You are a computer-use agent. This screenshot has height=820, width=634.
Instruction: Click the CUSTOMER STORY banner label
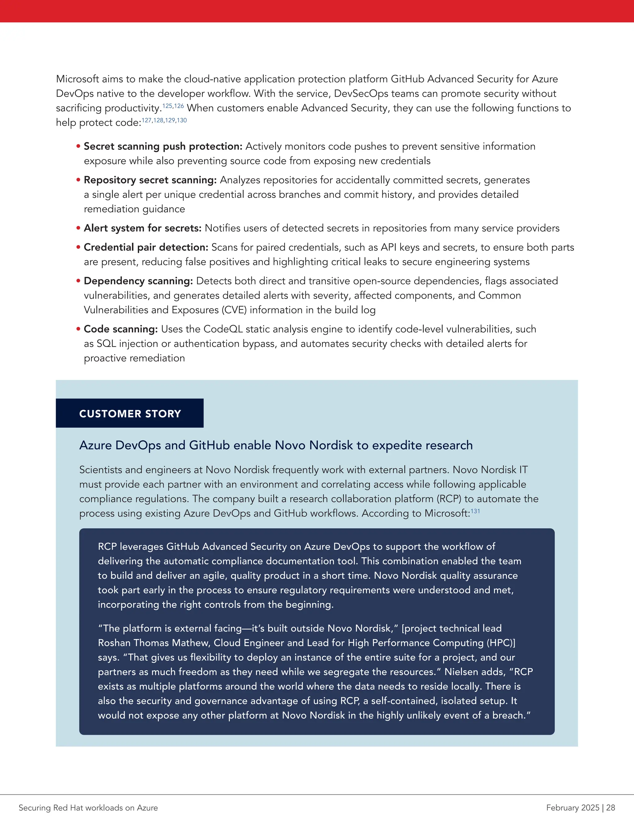click(130, 413)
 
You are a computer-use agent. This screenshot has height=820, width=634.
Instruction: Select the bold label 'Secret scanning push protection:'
click(163, 146)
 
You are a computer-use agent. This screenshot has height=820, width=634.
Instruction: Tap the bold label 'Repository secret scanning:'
click(150, 180)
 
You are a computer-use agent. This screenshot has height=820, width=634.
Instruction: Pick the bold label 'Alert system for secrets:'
click(143, 228)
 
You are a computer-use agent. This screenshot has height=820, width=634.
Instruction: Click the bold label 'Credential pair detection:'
click(146, 248)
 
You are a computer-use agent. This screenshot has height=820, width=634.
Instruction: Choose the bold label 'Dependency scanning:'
click(138, 281)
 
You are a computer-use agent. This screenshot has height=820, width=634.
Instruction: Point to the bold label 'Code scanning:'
click(120, 329)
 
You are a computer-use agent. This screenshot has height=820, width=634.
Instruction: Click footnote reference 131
click(475, 511)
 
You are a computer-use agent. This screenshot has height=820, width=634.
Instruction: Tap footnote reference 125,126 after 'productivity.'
click(173, 106)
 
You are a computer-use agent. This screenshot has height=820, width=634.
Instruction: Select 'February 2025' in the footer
click(573, 808)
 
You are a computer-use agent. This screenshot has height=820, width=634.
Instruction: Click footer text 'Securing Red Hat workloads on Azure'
click(88, 808)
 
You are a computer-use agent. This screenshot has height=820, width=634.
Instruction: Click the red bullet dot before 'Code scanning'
click(79, 329)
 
